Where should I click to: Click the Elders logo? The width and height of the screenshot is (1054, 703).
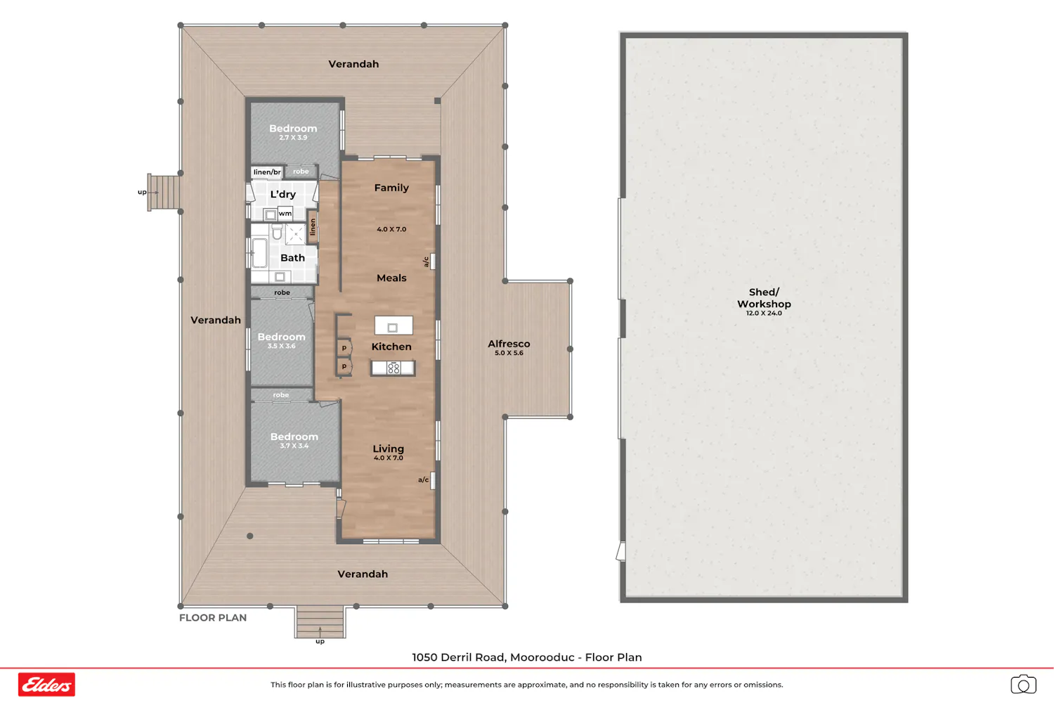46,684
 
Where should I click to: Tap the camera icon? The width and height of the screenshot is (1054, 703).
1023,684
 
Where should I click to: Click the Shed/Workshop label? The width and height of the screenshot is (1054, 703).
764,298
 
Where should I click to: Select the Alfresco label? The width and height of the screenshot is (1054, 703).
509,344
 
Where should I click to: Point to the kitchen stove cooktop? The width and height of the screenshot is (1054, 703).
393,368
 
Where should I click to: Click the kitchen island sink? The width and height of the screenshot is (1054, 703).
392,328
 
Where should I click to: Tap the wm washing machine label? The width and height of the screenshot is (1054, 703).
285,213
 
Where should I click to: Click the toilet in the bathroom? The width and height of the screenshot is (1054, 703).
277,231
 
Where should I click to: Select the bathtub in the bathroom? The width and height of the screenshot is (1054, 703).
259,253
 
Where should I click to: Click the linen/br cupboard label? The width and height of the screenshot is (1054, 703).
267,172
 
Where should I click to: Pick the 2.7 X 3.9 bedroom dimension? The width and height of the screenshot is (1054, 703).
293,138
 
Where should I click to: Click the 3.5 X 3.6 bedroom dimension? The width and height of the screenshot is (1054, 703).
281,346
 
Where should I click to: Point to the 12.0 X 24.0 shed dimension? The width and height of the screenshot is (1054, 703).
765,313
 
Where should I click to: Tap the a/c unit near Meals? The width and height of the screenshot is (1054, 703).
432,262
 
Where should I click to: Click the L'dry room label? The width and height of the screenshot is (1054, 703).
282,194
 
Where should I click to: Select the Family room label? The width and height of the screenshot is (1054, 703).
391,188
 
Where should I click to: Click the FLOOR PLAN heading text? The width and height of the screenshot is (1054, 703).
213,617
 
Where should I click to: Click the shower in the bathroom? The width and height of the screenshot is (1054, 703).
296,234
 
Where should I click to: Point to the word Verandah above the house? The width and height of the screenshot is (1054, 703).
353,64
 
